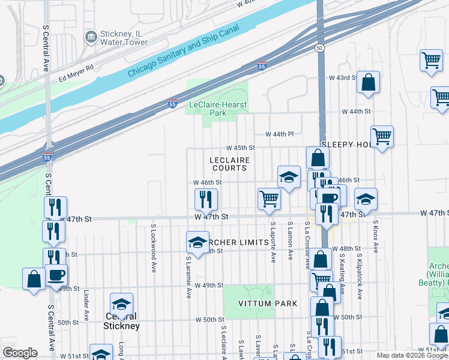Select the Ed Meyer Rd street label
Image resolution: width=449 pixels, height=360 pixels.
77,73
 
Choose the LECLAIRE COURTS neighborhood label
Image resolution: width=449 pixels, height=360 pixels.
229,164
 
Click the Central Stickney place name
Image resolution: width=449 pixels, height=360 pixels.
122,321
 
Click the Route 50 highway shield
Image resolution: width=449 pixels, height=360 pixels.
320,47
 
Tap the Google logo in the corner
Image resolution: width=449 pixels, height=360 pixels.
20,353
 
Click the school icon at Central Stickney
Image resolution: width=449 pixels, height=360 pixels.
122,304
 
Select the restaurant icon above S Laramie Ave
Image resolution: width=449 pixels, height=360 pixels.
206,199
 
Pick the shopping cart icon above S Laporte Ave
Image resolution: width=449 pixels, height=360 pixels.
270,199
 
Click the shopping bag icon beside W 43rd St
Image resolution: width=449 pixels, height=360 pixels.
368,82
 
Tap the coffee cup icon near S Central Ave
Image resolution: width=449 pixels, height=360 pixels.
56,275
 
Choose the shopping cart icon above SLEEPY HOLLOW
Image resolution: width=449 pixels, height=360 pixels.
382,137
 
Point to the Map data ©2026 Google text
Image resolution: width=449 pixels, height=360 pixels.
411,355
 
